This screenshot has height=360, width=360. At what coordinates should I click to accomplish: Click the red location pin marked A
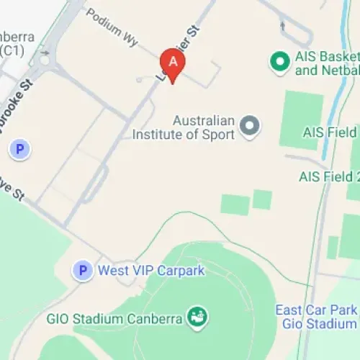click(x=172, y=63)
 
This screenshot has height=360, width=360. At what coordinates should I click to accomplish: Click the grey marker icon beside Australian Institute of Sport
click(x=250, y=127)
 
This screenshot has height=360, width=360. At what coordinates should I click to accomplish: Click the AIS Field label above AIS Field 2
click(x=330, y=132)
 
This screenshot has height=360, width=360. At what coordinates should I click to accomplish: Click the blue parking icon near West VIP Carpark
click(x=84, y=271)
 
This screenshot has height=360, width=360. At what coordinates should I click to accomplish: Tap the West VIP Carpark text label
click(x=151, y=271)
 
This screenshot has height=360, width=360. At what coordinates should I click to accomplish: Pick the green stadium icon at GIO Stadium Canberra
click(x=197, y=315)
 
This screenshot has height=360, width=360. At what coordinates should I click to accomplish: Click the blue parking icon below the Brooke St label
click(x=20, y=150)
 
